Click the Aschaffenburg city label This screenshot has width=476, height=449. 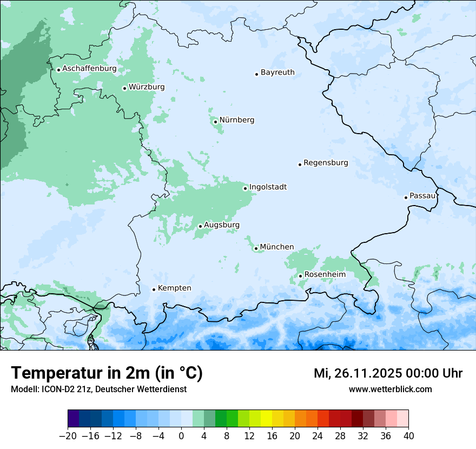[x=89, y=69]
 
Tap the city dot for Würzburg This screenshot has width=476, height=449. [x=124, y=88]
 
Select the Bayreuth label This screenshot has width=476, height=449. [x=277, y=72]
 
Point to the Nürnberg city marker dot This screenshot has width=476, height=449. [x=215, y=122]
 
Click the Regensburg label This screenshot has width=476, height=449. [x=326, y=163]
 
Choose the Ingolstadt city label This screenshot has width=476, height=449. [x=268, y=187]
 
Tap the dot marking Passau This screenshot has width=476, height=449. [x=406, y=197]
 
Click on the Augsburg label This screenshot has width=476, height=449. [x=221, y=225]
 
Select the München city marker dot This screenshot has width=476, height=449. [x=256, y=249]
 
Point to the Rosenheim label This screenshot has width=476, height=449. [x=325, y=275]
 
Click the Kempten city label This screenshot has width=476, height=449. [x=174, y=288]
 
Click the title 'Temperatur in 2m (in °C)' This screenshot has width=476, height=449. [x=107, y=373]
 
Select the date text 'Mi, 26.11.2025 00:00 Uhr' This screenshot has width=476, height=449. [x=388, y=373]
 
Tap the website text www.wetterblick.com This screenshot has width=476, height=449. [x=390, y=389]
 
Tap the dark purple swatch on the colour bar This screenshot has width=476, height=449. [x=74, y=419]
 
